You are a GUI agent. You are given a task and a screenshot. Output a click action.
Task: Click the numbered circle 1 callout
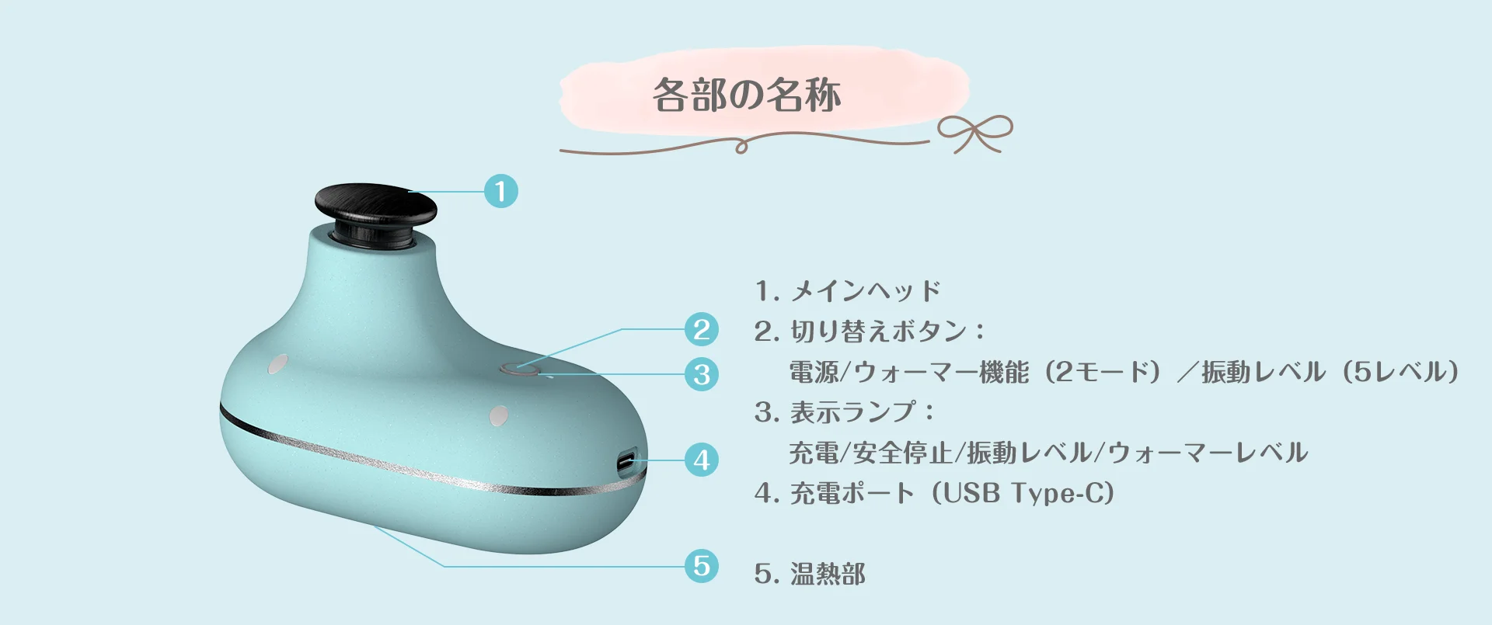(500, 191)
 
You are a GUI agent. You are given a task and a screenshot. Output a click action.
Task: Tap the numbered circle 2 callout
(702, 329)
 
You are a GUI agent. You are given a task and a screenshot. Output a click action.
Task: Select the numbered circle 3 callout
(702, 374)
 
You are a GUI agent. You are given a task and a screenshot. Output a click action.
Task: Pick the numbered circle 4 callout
(702, 460)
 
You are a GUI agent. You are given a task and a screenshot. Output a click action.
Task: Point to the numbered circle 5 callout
(702, 565)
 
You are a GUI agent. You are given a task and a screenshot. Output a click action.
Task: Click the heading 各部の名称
(747, 95)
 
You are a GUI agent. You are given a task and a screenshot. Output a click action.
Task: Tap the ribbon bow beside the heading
(975, 133)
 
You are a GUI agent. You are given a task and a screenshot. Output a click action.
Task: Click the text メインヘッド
(866, 291)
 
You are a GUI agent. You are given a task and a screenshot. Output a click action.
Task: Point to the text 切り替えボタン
(878, 332)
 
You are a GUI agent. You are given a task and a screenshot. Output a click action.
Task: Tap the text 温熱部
(828, 574)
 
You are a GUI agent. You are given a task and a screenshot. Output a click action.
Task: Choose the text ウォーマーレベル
(1208, 453)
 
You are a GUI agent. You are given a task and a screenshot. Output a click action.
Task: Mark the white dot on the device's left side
(277, 364)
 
